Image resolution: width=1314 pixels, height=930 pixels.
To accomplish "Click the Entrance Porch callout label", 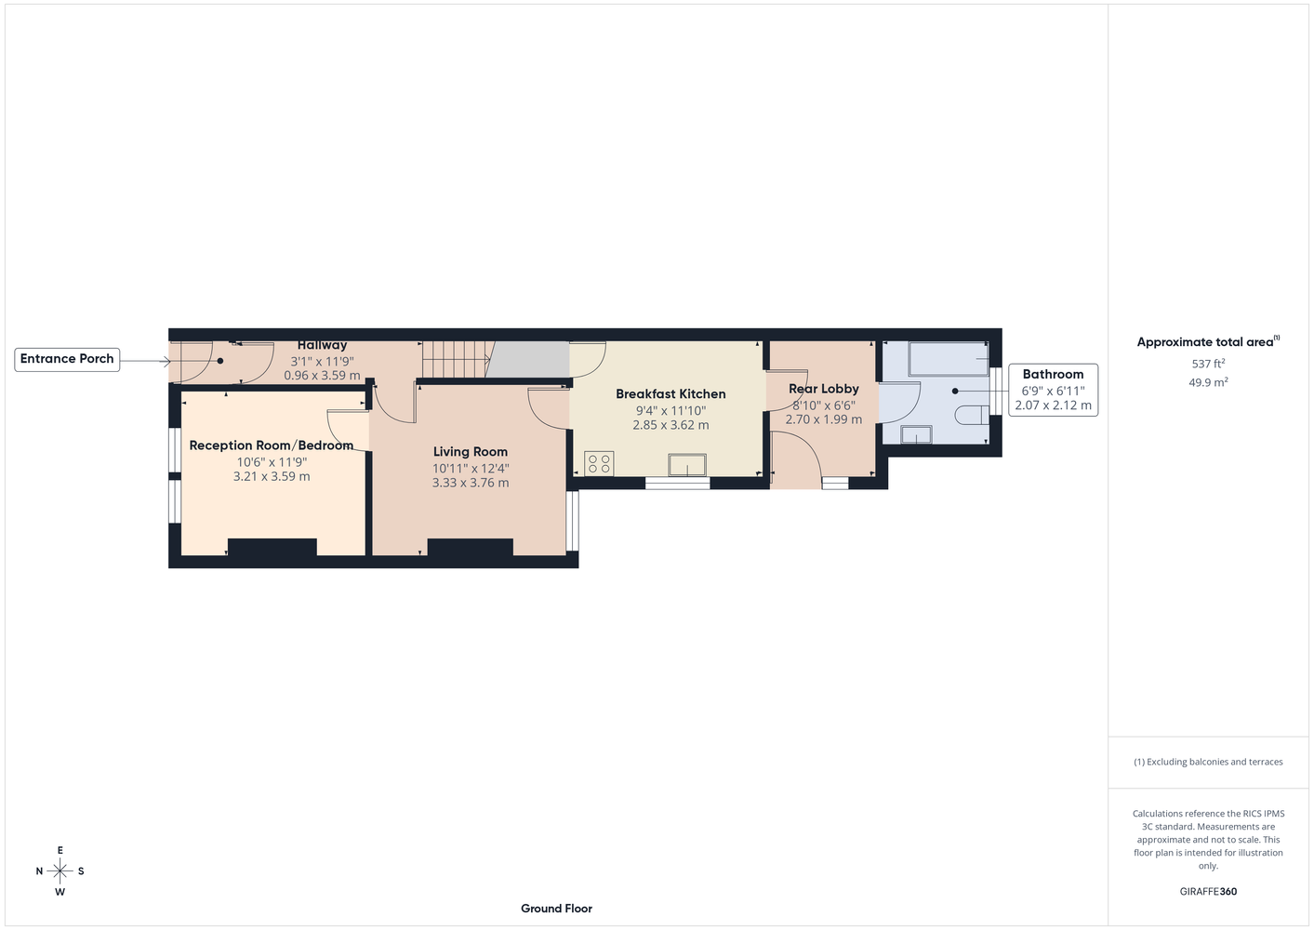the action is coord(67,359).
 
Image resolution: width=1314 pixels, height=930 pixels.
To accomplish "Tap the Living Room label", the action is coord(471,452).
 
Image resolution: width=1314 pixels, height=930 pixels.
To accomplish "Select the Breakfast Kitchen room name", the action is coord(670,393).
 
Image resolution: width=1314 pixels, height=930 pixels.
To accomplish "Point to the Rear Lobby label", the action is coord(824,389).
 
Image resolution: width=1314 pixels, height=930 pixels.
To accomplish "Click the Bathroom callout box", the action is coord(1053,391).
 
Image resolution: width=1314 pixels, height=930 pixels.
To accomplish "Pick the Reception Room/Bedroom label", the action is coord(271,445).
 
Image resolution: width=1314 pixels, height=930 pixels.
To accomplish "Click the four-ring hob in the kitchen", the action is coord(599,463).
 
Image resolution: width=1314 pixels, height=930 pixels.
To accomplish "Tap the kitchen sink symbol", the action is coord(687,465).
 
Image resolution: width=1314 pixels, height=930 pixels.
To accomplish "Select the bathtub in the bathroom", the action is coord(949,358).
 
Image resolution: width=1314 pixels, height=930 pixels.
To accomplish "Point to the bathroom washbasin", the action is coord(916,435).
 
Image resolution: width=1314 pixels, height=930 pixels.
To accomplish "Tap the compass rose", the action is coord(60,870).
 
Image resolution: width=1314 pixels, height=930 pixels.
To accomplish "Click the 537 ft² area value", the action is coord(1208,364).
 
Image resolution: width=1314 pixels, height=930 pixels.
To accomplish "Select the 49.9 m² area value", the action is coord(1208,382).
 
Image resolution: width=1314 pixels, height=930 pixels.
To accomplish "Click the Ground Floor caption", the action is coord(556,909).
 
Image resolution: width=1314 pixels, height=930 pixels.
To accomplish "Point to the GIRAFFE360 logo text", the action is coord(1208,891).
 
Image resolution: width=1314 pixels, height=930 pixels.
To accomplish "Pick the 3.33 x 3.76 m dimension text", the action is coord(471,483).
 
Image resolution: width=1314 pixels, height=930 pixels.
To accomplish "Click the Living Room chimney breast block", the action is coord(470,547).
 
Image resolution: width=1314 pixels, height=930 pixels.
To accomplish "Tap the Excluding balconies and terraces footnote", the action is coord(1208,762).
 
